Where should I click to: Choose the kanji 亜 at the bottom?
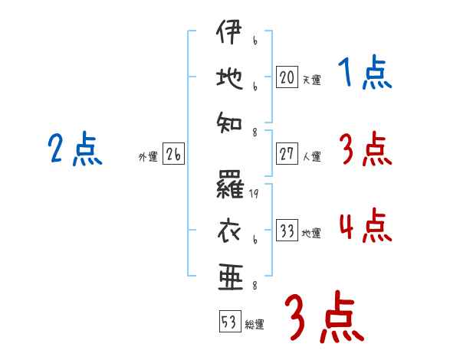230,273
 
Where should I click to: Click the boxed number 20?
286,77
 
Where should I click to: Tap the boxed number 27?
286,154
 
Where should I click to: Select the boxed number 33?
286,231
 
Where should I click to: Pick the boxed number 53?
228,322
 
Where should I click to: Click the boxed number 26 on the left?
173,155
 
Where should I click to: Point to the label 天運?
311,80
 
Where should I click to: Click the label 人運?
311,156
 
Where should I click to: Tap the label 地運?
311,233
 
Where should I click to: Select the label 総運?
255,325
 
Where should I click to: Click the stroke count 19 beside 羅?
254,195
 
